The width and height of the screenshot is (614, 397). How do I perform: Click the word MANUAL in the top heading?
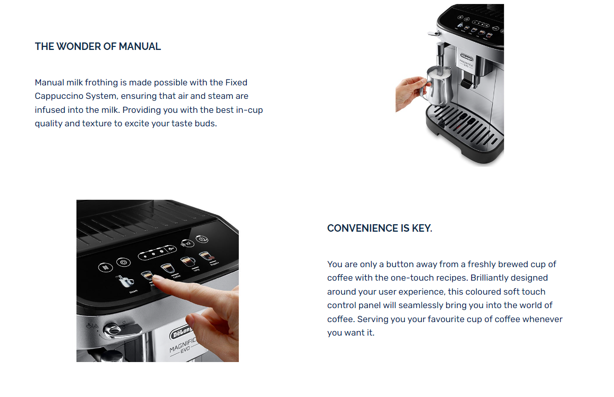pos(140,46)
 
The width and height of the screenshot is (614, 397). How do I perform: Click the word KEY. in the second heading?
pos(422,228)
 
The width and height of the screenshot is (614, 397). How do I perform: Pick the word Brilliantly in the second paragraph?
pos(489,278)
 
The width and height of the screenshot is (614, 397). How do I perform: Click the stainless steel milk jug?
pos(438,85)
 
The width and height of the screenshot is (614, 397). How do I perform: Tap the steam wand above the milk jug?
pos(441,58)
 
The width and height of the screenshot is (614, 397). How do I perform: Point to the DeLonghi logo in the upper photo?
pos(467,57)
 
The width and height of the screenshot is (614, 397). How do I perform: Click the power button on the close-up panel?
pos(202,239)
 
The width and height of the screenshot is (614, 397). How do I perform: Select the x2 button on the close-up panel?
pos(187,243)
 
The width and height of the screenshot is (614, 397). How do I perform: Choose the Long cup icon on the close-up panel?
pos(188,262)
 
